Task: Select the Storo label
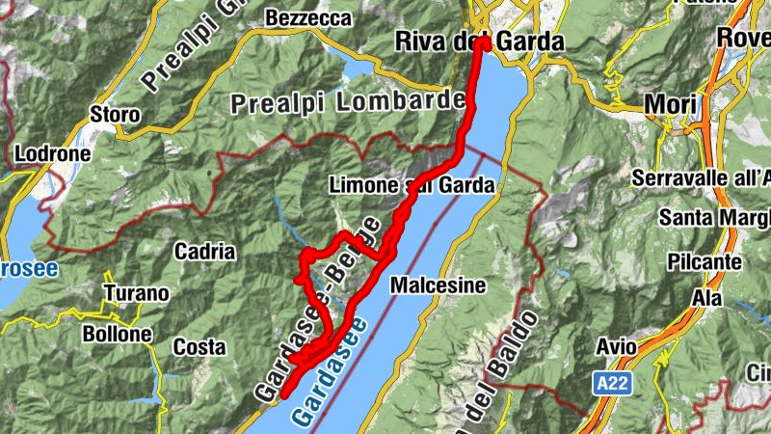(115, 115)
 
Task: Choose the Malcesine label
(438, 286)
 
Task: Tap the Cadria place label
(204, 252)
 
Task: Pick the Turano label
(135, 293)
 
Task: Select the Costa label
(199, 346)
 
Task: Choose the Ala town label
(708, 298)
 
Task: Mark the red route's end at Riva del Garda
(482, 43)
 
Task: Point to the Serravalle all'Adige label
(703, 177)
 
